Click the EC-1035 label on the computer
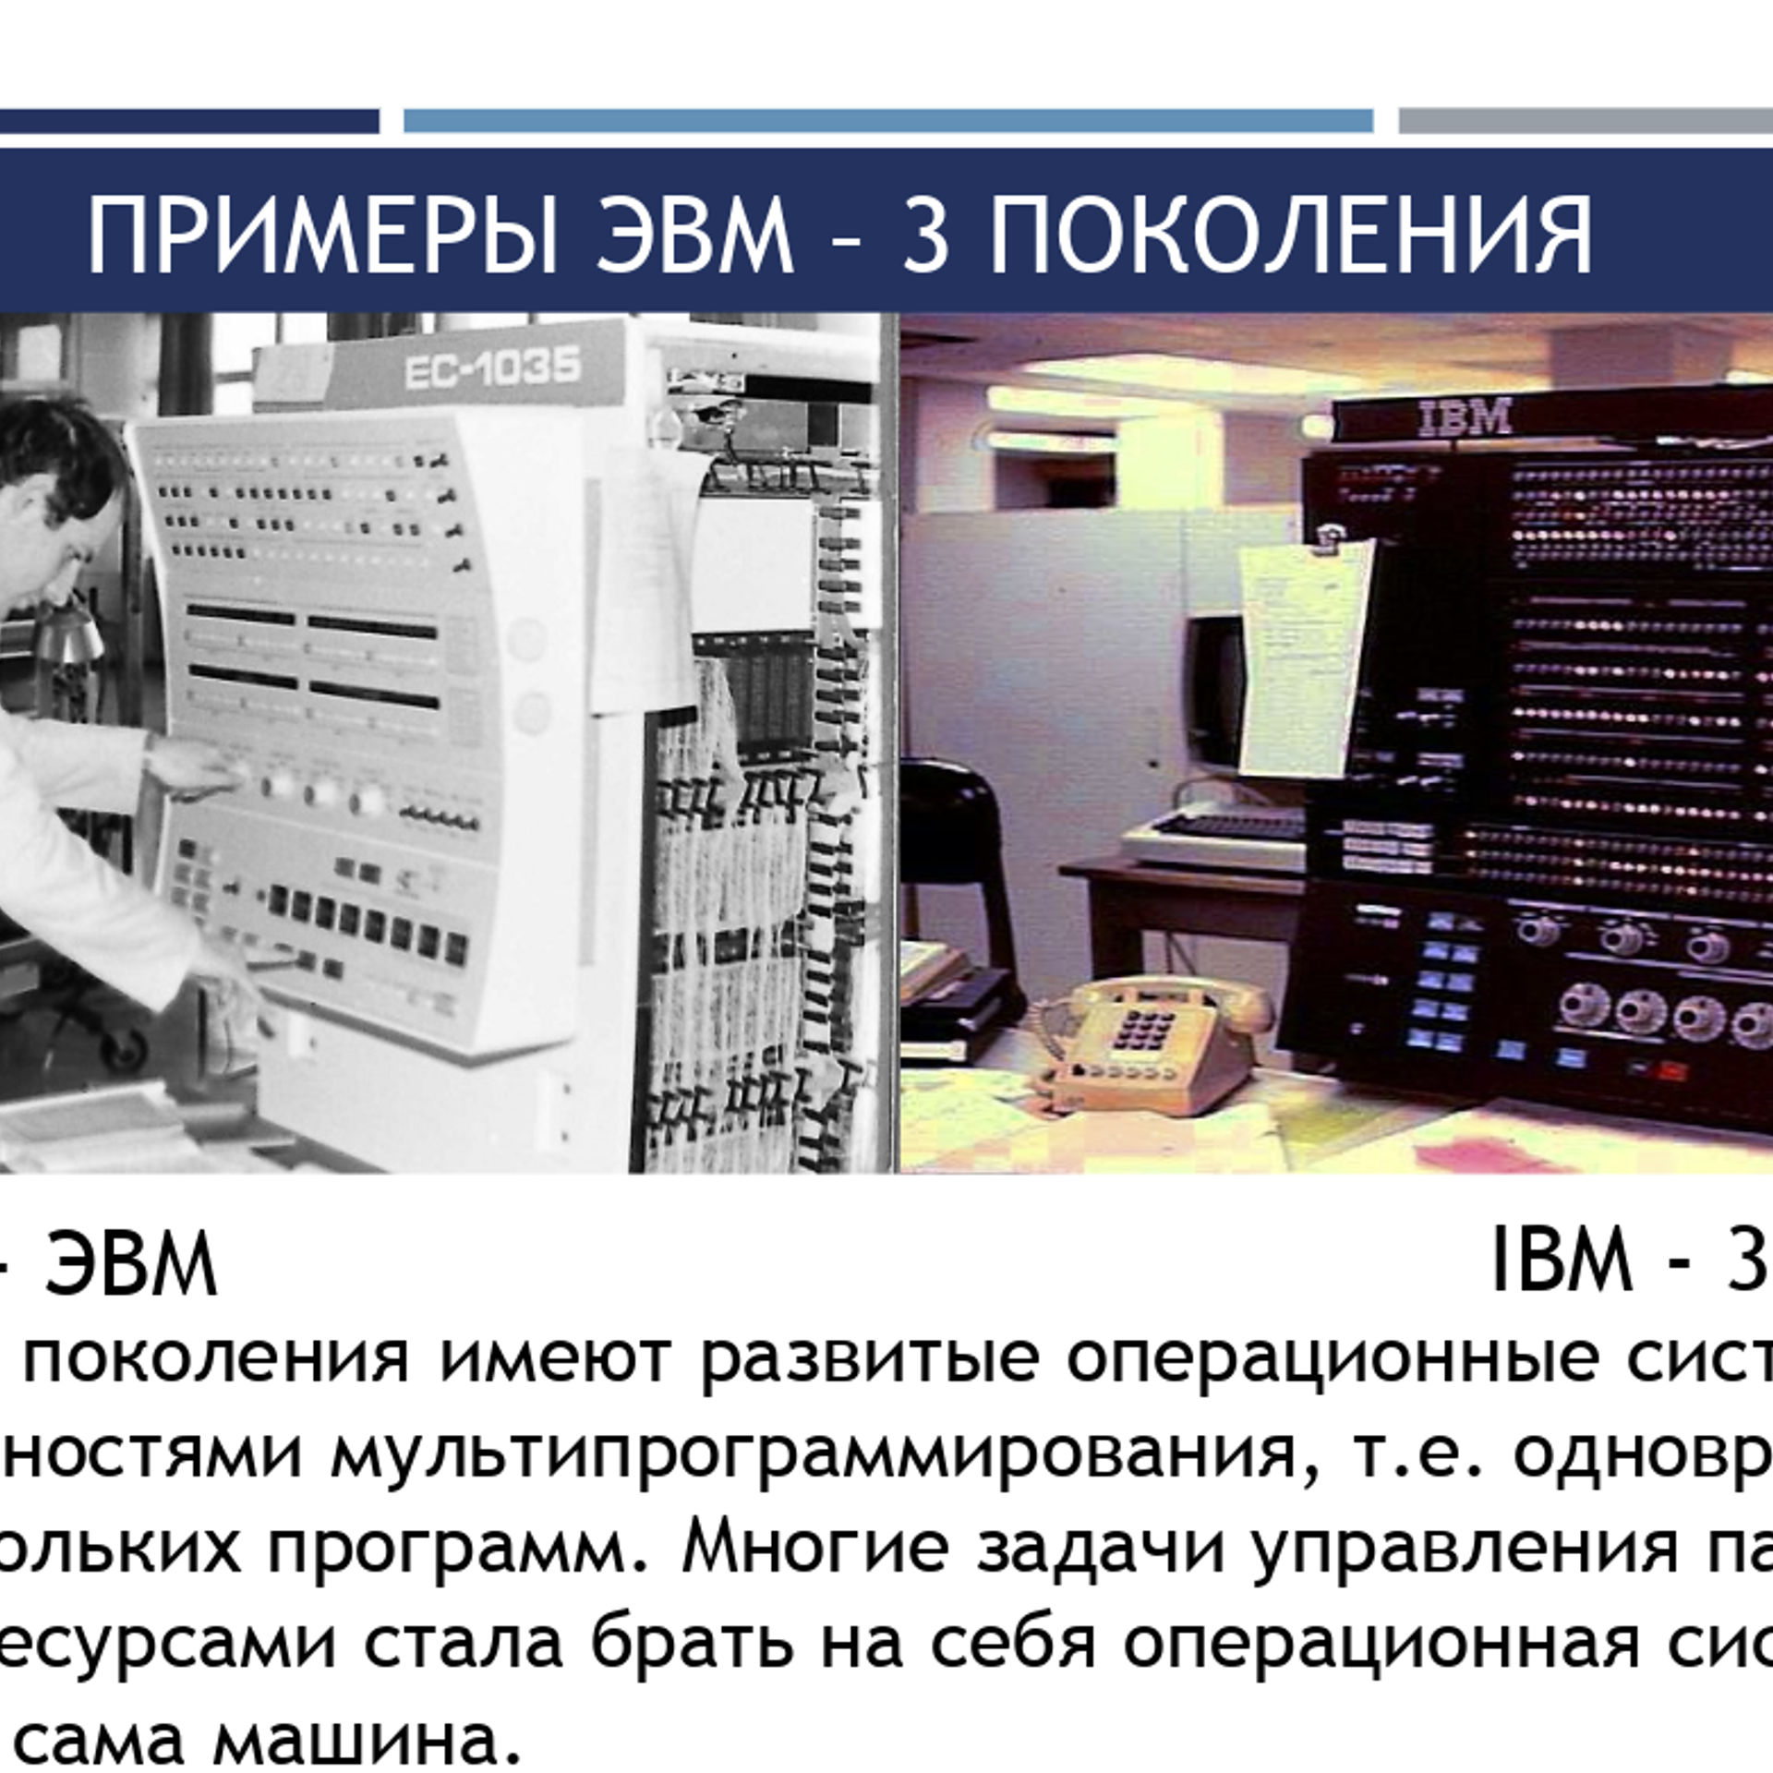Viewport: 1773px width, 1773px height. pyautogui.click(x=491, y=369)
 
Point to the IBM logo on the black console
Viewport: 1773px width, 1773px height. pyautogui.click(x=1465, y=417)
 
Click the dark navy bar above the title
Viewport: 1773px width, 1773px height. pyautogui.click(x=189, y=121)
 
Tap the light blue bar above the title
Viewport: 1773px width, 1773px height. pyautogui.click(x=887, y=121)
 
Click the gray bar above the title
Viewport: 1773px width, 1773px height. pyautogui.click(x=1585, y=121)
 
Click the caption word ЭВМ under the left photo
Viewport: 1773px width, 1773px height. pyautogui.click(x=130, y=1263)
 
